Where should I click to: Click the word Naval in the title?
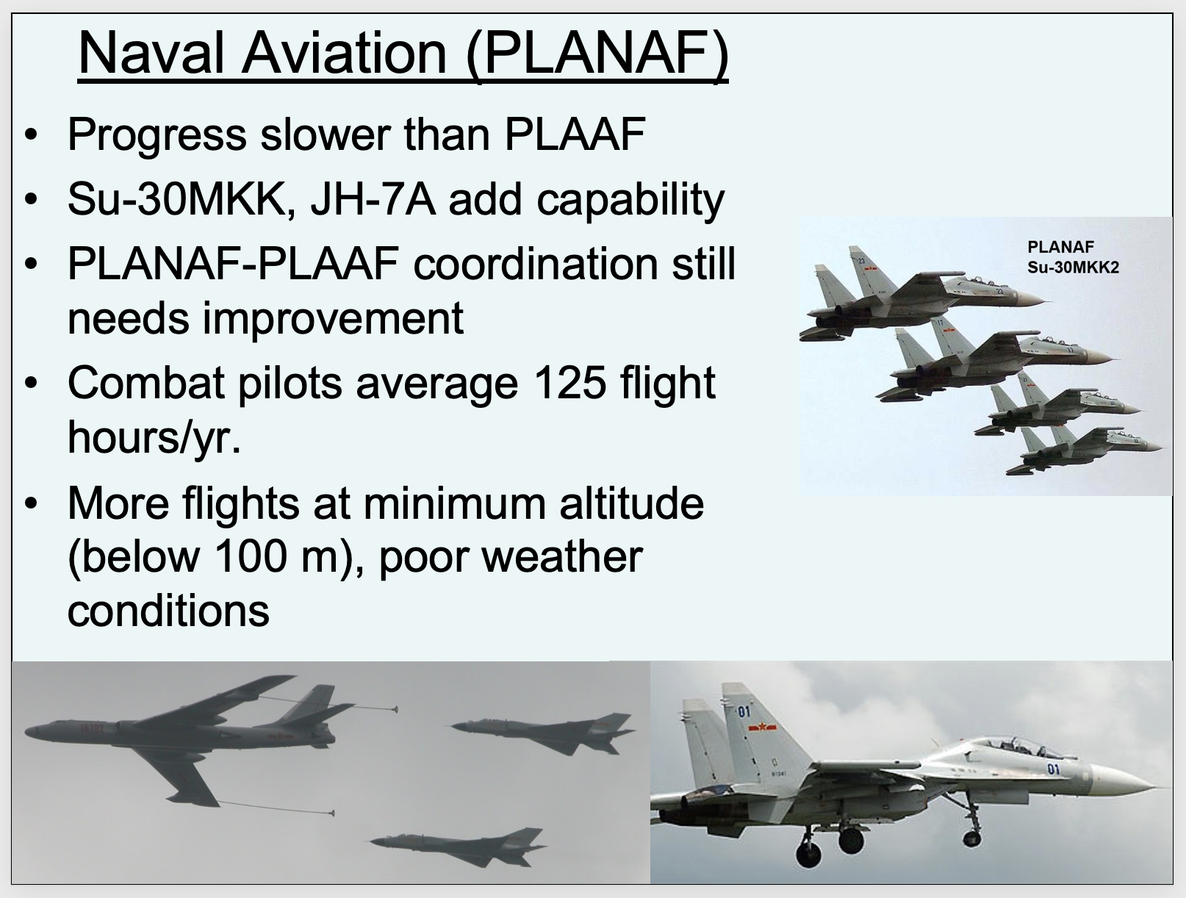(x=151, y=53)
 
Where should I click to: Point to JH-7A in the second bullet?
(x=373, y=199)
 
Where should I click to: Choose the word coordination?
(x=536, y=264)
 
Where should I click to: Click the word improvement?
(x=333, y=319)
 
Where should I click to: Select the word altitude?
(x=631, y=503)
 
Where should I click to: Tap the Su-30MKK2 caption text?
(x=1073, y=267)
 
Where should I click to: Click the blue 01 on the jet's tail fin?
(x=744, y=712)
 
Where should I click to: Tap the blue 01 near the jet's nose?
(x=1054, y=769)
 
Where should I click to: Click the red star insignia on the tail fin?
(x=763, y=727)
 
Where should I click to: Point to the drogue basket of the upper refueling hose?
(x=395, y=709)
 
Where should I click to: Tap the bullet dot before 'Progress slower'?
(x=32, y=134)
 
